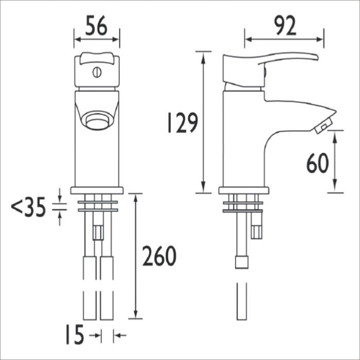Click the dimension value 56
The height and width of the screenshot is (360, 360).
(96, 25)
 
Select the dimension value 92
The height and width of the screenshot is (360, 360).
(285, 26)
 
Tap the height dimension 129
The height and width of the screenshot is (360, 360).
(183, 122)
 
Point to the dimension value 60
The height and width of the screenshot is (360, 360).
(317, 163)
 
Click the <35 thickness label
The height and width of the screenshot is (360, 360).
(28, 207)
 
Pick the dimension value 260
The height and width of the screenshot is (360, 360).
(159, 256)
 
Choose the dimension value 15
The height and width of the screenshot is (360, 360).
(75, 334)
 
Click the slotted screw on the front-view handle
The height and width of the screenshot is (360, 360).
(97, 73)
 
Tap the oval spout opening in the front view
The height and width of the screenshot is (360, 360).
(97, 120)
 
